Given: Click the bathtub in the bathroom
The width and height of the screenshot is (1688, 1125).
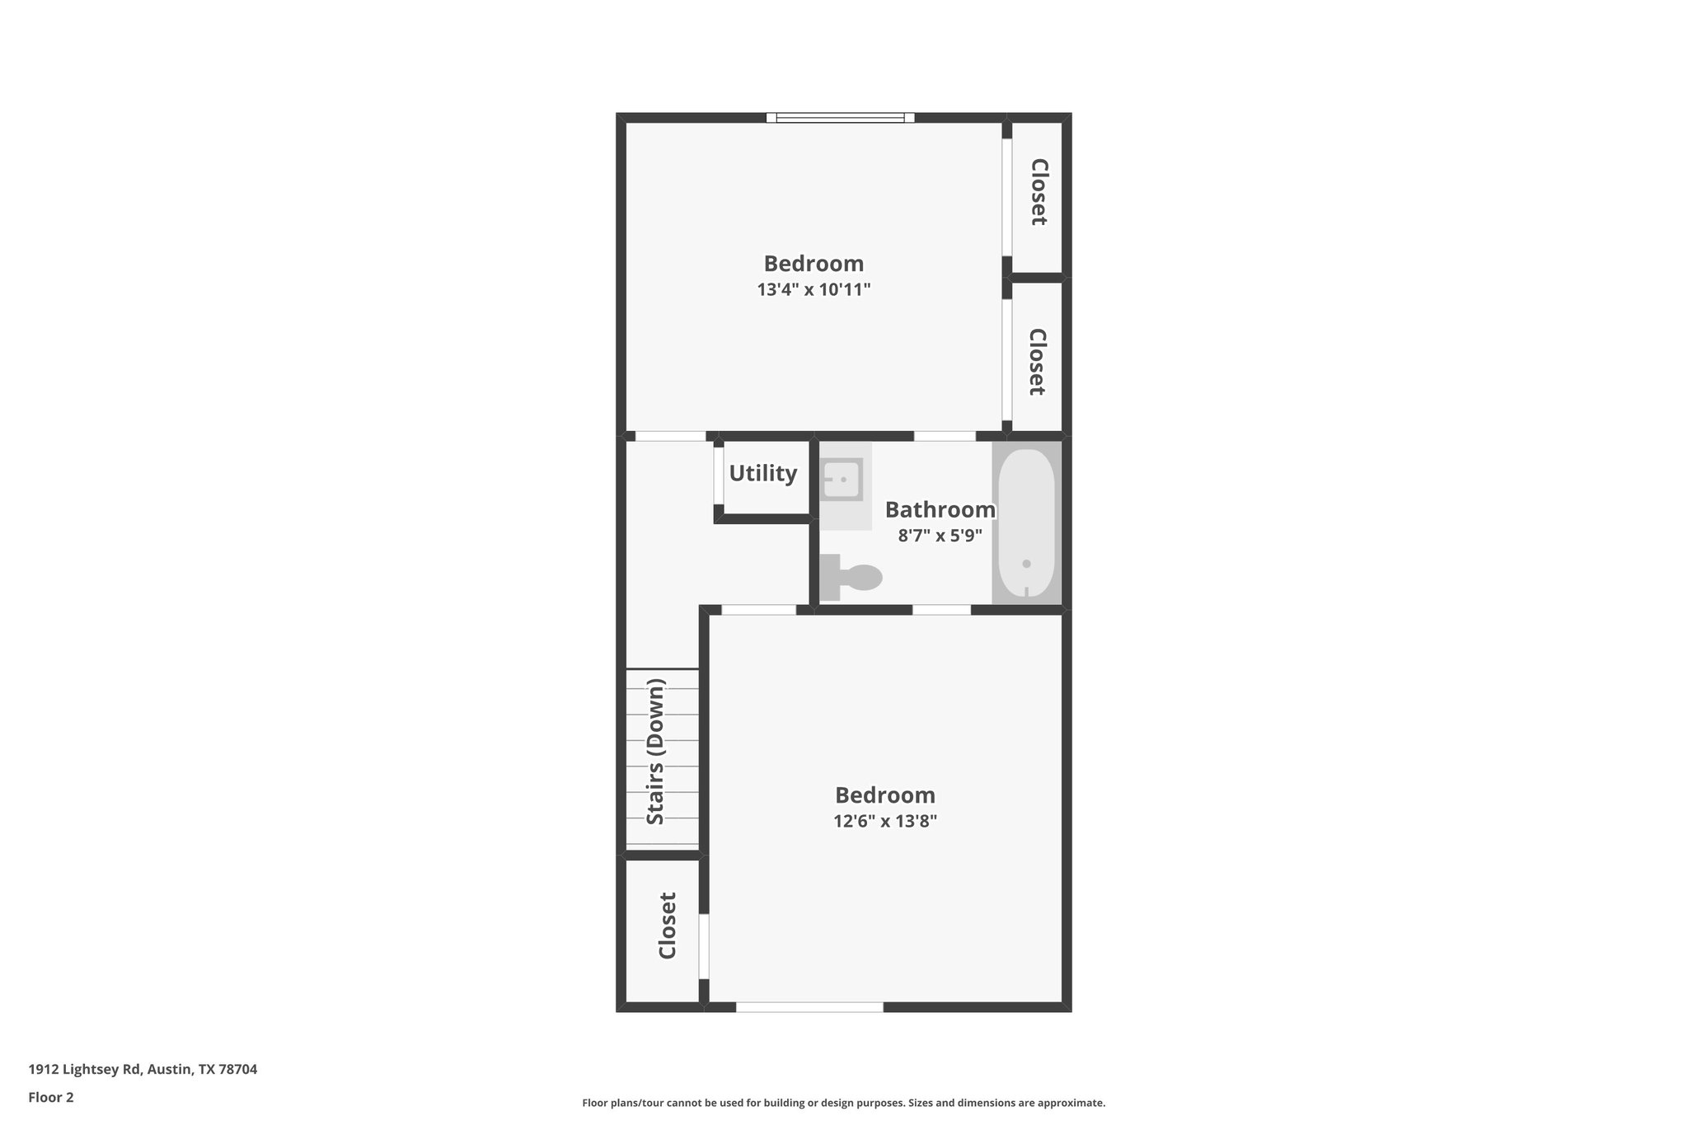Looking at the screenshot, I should click(x=1026, y=521).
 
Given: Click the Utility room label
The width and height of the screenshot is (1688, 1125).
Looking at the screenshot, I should click(x=762, y=473).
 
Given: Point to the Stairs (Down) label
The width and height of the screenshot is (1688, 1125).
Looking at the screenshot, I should click(x=656, y=751).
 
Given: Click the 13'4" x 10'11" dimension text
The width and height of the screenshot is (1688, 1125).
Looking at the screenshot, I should click(x=814, y=290).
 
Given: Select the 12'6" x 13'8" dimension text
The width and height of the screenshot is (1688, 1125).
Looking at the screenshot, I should click(x=885, y=822).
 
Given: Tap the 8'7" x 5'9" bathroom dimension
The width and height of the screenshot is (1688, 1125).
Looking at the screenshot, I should click(x=940, y=536).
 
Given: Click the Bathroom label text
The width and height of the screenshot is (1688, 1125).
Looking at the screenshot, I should click(x=940, y=510).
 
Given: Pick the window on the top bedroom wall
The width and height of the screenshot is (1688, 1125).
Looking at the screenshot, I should click(x=840, y=118).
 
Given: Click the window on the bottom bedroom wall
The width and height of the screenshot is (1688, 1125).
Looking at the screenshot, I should click(x=809, y=1006).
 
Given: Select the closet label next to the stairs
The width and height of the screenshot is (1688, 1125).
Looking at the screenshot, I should click(x=668, y=926).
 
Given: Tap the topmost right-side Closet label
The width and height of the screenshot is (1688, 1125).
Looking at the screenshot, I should click(x=1039, y=192).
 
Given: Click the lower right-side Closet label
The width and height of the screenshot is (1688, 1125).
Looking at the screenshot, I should click(x=1037, y=362).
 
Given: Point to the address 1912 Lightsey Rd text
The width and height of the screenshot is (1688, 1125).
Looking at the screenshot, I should click(x=143, y=1069).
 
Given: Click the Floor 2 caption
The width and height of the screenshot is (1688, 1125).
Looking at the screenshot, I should click(x=51, y=1097).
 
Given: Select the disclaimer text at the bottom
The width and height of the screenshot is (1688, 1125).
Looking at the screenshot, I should click(x=843, y=1103).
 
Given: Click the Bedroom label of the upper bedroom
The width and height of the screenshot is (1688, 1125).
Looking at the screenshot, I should click(x=814, y=264).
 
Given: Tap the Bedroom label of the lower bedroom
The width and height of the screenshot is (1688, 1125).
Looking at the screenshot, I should click(x=885, y=795).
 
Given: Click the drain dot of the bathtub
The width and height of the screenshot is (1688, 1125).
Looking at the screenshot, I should click(x=1026, y=564).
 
